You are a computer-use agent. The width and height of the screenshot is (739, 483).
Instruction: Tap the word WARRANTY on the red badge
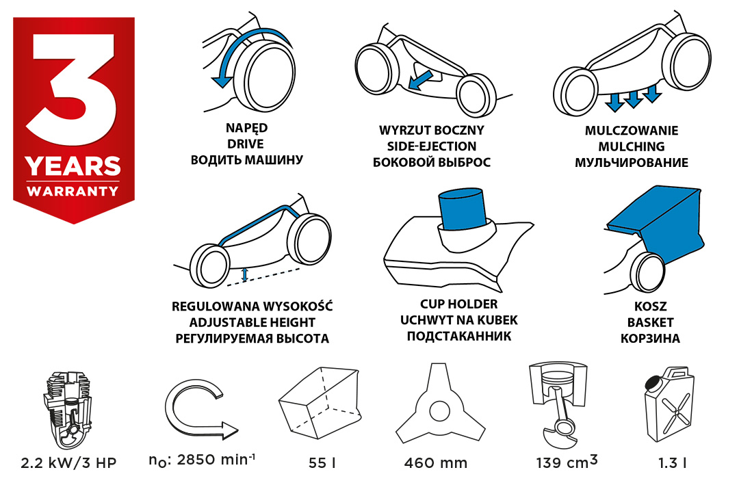tap(73, 191)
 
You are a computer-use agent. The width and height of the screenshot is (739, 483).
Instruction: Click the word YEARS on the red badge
tap(73, 166)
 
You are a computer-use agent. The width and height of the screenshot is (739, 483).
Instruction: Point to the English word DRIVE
tap(246, 144)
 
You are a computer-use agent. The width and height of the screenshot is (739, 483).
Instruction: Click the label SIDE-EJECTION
tap(432, 146)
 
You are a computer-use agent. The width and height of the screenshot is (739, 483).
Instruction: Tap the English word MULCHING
tap(632, 146)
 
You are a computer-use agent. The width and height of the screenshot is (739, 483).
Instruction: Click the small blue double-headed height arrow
tap(244, 275)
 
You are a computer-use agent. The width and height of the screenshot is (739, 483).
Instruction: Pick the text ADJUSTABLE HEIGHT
tap(252, 323)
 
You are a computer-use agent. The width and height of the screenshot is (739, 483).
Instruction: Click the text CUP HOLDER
tap(459, 304)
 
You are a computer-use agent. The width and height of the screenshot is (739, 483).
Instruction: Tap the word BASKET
tap(651, 323)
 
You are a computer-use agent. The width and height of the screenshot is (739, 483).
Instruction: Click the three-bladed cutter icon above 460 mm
tap(439, 405)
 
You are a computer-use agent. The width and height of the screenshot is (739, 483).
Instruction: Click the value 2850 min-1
tap(203, 460)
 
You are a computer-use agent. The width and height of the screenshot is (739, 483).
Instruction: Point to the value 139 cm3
tap(567, 461)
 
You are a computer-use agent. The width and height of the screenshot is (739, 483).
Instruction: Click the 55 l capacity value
tap(322, 462)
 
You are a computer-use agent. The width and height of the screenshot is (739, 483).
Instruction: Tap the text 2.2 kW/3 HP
tap(69, 462)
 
